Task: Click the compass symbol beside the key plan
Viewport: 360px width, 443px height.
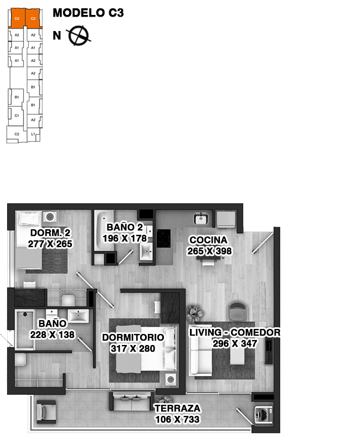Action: click(x=79, y=35)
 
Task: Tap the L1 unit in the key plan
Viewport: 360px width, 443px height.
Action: click(x=33, y=134)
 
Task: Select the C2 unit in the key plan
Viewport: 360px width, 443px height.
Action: click(x=17, y=134)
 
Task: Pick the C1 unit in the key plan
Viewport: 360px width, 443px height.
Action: click(x=17, y=116)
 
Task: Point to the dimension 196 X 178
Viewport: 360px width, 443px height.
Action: click(x=125, y=238)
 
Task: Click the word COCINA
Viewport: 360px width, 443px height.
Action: click(x=208, y=240)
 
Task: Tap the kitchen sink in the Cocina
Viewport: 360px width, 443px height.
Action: click(x=200, y=218)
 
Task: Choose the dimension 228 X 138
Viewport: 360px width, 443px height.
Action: click(x=53, y=334)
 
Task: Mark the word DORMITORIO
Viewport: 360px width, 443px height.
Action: click(x=133, y=337)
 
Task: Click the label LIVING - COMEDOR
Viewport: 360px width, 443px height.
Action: click(x=235, y=332)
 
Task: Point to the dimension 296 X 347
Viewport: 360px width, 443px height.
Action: click(x=235, y=343)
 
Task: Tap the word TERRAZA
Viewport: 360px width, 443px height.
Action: click(x=178, y=408)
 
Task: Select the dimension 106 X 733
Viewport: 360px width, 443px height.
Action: click(x=177, y=419)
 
